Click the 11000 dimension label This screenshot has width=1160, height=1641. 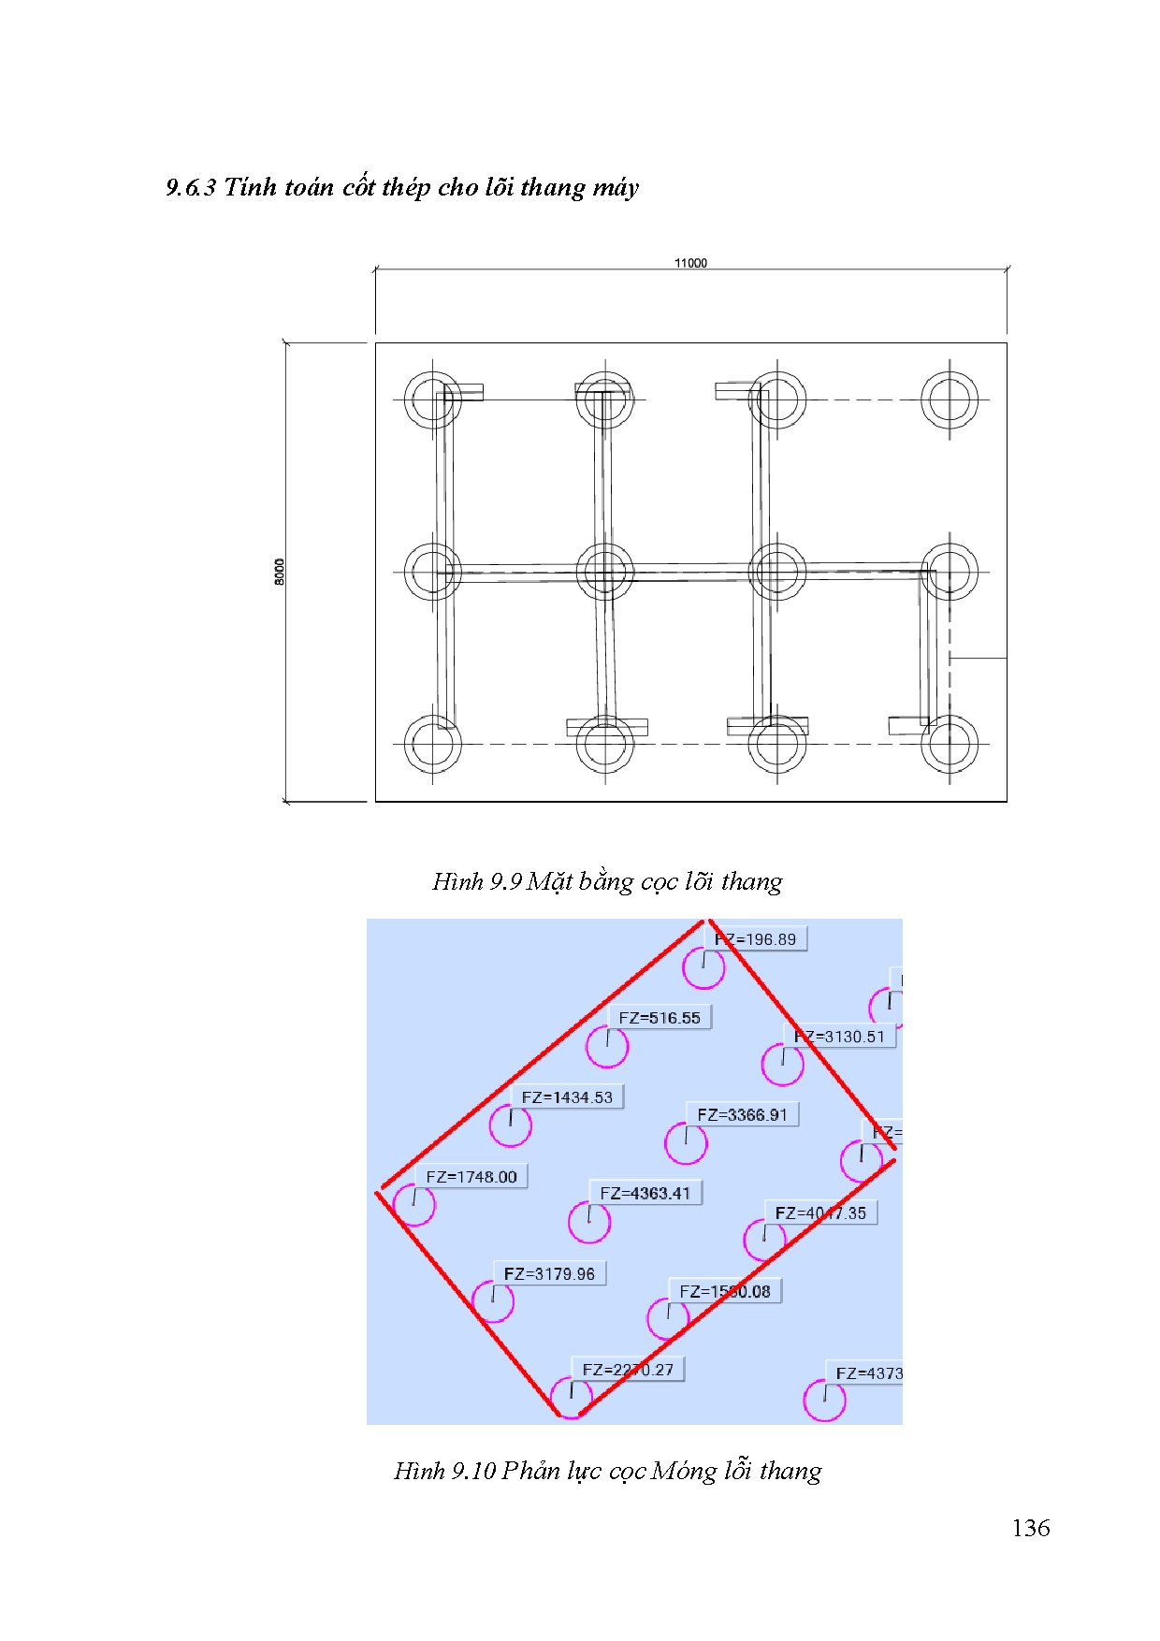(x=690, y=263)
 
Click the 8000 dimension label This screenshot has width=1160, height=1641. (x=279, y=572)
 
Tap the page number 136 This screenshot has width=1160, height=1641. (x=1030, y=1528)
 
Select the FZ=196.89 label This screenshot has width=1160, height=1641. (x=755, y=939)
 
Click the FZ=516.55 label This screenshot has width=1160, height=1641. (x=659, y=1018)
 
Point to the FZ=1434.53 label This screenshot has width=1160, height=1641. (x=567, y=1097)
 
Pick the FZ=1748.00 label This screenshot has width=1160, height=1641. (x=471, y=1177)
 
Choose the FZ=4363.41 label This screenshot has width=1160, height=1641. (x=645, y=1193)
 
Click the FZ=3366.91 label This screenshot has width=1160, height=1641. (x=742, y=1114)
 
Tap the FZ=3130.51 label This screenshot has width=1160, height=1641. (x=839, y=1037)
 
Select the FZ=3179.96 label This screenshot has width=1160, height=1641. (x=549, y=1273)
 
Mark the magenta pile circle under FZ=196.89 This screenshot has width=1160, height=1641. (x=703, y=968)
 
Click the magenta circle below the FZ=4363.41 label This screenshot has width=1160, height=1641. (x=589, y=1222)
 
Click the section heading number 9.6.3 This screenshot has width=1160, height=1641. (x=191, y=187)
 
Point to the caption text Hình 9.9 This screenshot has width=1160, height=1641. (x=476, y=881)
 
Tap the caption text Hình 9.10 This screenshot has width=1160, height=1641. (x=444, y=1471)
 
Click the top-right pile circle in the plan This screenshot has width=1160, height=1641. (x=950, y=399)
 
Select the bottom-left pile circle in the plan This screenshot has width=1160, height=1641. (x=433, y=745)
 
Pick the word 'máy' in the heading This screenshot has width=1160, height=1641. (x=616, y=187)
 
